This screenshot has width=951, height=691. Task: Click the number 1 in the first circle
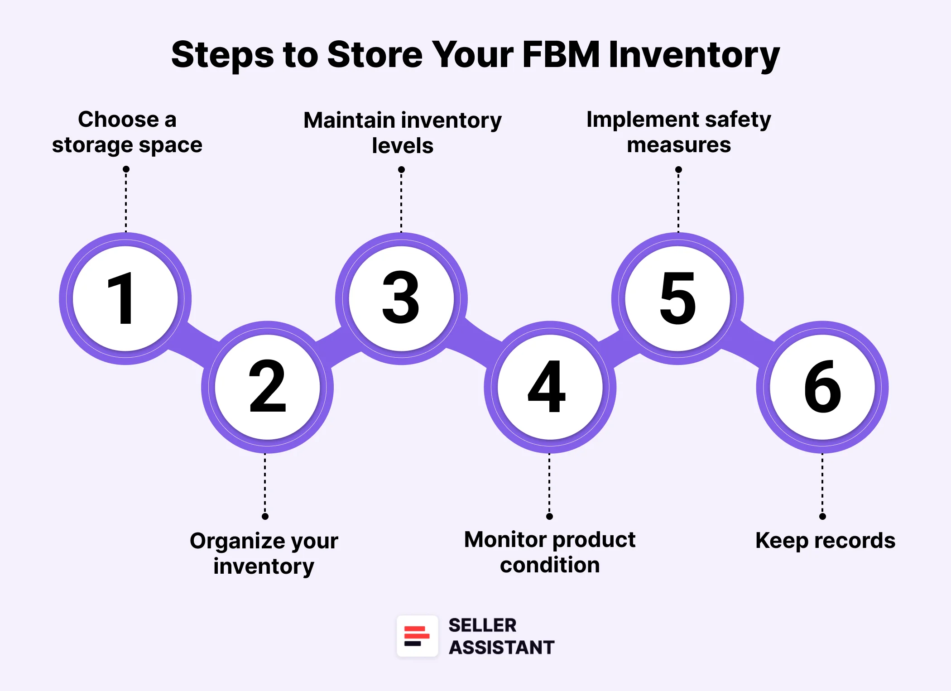tap(121, 298)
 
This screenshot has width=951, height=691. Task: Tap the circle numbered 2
tap(267, 387)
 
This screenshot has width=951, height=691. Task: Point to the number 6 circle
tap(822, 387)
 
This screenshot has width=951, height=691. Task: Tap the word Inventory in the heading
tap(694, 55)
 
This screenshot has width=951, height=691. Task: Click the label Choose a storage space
tap(127, 132)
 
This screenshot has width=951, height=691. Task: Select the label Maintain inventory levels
tap(402, 133)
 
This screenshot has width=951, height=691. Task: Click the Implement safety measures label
tap(678, 132)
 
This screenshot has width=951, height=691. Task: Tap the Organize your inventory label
tap(264, 553)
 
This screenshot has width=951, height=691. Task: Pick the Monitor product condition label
tap(550, 552)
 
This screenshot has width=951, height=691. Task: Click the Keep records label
tap(825, 541)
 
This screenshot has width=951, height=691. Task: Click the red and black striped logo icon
tap(417, 636)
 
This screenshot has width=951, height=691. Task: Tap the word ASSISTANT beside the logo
tap(501, 648)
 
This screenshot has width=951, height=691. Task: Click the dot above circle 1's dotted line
tap(126, 169)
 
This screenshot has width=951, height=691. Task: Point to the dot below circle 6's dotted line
tap(822, 517)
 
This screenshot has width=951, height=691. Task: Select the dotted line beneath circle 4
tap(549, 485)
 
